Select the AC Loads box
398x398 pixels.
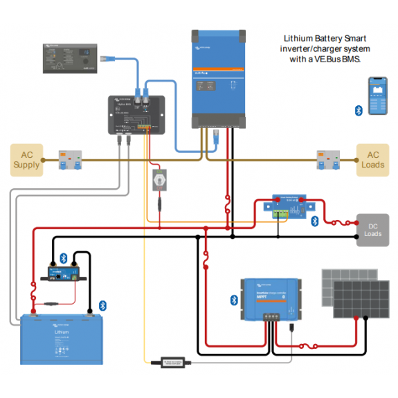(372, 160)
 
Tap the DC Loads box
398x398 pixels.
(372, 230)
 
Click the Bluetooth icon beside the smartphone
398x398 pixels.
(358, 110)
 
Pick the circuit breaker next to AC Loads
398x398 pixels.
(326, 161)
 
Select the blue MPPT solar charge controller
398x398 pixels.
(270, 298)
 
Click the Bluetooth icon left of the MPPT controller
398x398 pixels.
(233, 300)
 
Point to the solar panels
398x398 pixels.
(350, 293)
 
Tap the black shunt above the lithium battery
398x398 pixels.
(65, 271)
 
